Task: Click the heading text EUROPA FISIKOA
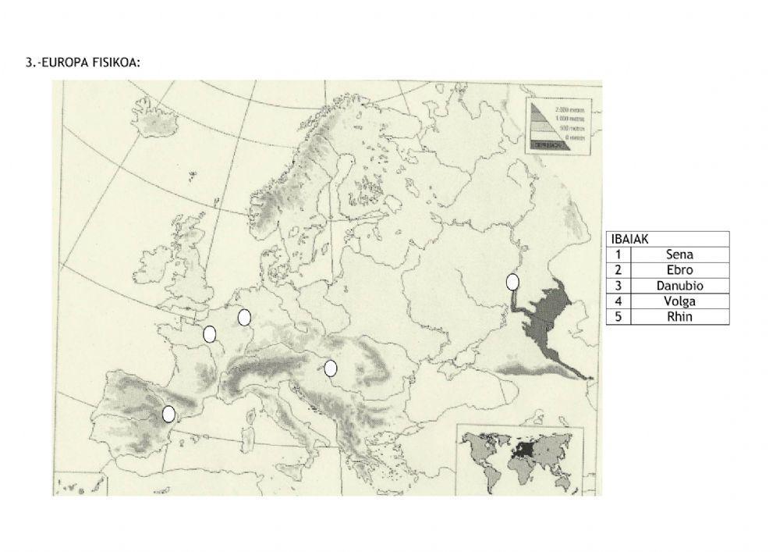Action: (x=84, y=62)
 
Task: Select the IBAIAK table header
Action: (x=632, y=239)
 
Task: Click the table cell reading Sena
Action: (x=679, y=255)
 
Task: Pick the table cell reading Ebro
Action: (x=679, y=270)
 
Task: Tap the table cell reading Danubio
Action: (x=679, y=286)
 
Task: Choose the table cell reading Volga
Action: (x=679, y=301)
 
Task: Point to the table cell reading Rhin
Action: (x=679, y=317)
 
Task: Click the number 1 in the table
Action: (x=618, y=255)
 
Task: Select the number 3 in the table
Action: (x=618, y=286)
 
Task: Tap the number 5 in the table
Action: (x=618, y=317)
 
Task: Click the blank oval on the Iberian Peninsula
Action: (x=168, y=415)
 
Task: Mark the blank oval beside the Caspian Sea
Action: (x=512, y=282)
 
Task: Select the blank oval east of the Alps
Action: (x=331, y=368)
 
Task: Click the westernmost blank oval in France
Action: (x=209, y=334)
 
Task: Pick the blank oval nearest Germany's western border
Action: (x=244, y=317)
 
